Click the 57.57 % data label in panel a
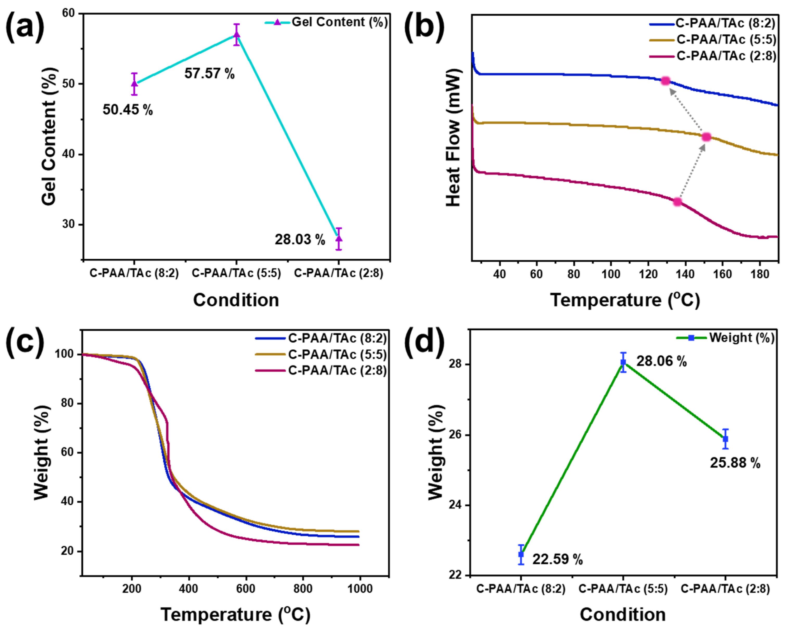[x=209, y=74]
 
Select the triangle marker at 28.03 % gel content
[x=339, y=239]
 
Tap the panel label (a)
[x=25, y=27]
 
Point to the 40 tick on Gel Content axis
[x=68, y=154]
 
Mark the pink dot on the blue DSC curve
[x=666, y=81]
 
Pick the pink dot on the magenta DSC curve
[x=677, y=202]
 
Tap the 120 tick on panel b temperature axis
[x=648, y=274]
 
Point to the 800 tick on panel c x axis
[x=303, y=589]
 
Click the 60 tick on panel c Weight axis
[x=67, y=452]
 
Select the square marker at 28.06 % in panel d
[x=623, y=362]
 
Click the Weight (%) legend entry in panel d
[x=741, y=338]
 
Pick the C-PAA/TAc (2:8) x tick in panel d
[x=725, y=589]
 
